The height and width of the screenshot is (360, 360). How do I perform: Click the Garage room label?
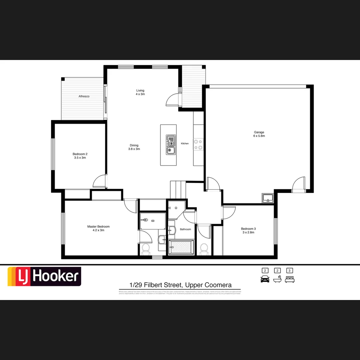tap(259, 134)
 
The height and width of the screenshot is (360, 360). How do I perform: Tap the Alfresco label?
tap(84, 96)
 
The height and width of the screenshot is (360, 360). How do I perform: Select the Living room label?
tap(140, 92)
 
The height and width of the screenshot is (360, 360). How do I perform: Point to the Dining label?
tap(134, 147)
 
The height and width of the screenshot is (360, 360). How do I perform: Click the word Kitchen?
tap(185, 143)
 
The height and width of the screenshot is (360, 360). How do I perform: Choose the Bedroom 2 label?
tap(80, 156)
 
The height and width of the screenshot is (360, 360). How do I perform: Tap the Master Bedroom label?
tap(98, 228)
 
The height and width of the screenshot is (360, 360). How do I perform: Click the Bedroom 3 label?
tap(248, 230)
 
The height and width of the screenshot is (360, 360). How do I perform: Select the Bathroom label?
tap(185, 229)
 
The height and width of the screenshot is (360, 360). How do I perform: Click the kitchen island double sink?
tap(171, 145)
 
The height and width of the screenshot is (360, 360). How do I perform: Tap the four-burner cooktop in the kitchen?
tap(198, 144)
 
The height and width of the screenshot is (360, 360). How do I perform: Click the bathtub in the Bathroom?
tap(181, 247)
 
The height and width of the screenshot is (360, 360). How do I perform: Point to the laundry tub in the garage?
tap(267, 198)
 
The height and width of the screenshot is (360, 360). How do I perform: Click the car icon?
tap(265, 279)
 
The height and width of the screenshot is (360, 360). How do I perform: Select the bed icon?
tap(290, 279)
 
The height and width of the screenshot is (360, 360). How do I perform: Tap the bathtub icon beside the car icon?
tap(277, 279)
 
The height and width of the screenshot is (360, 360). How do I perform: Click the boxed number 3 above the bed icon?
tap(290, 271)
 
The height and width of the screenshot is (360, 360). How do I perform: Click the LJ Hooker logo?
tap(44, 276)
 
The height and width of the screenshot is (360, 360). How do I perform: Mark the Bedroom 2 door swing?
tap(99, 182)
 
